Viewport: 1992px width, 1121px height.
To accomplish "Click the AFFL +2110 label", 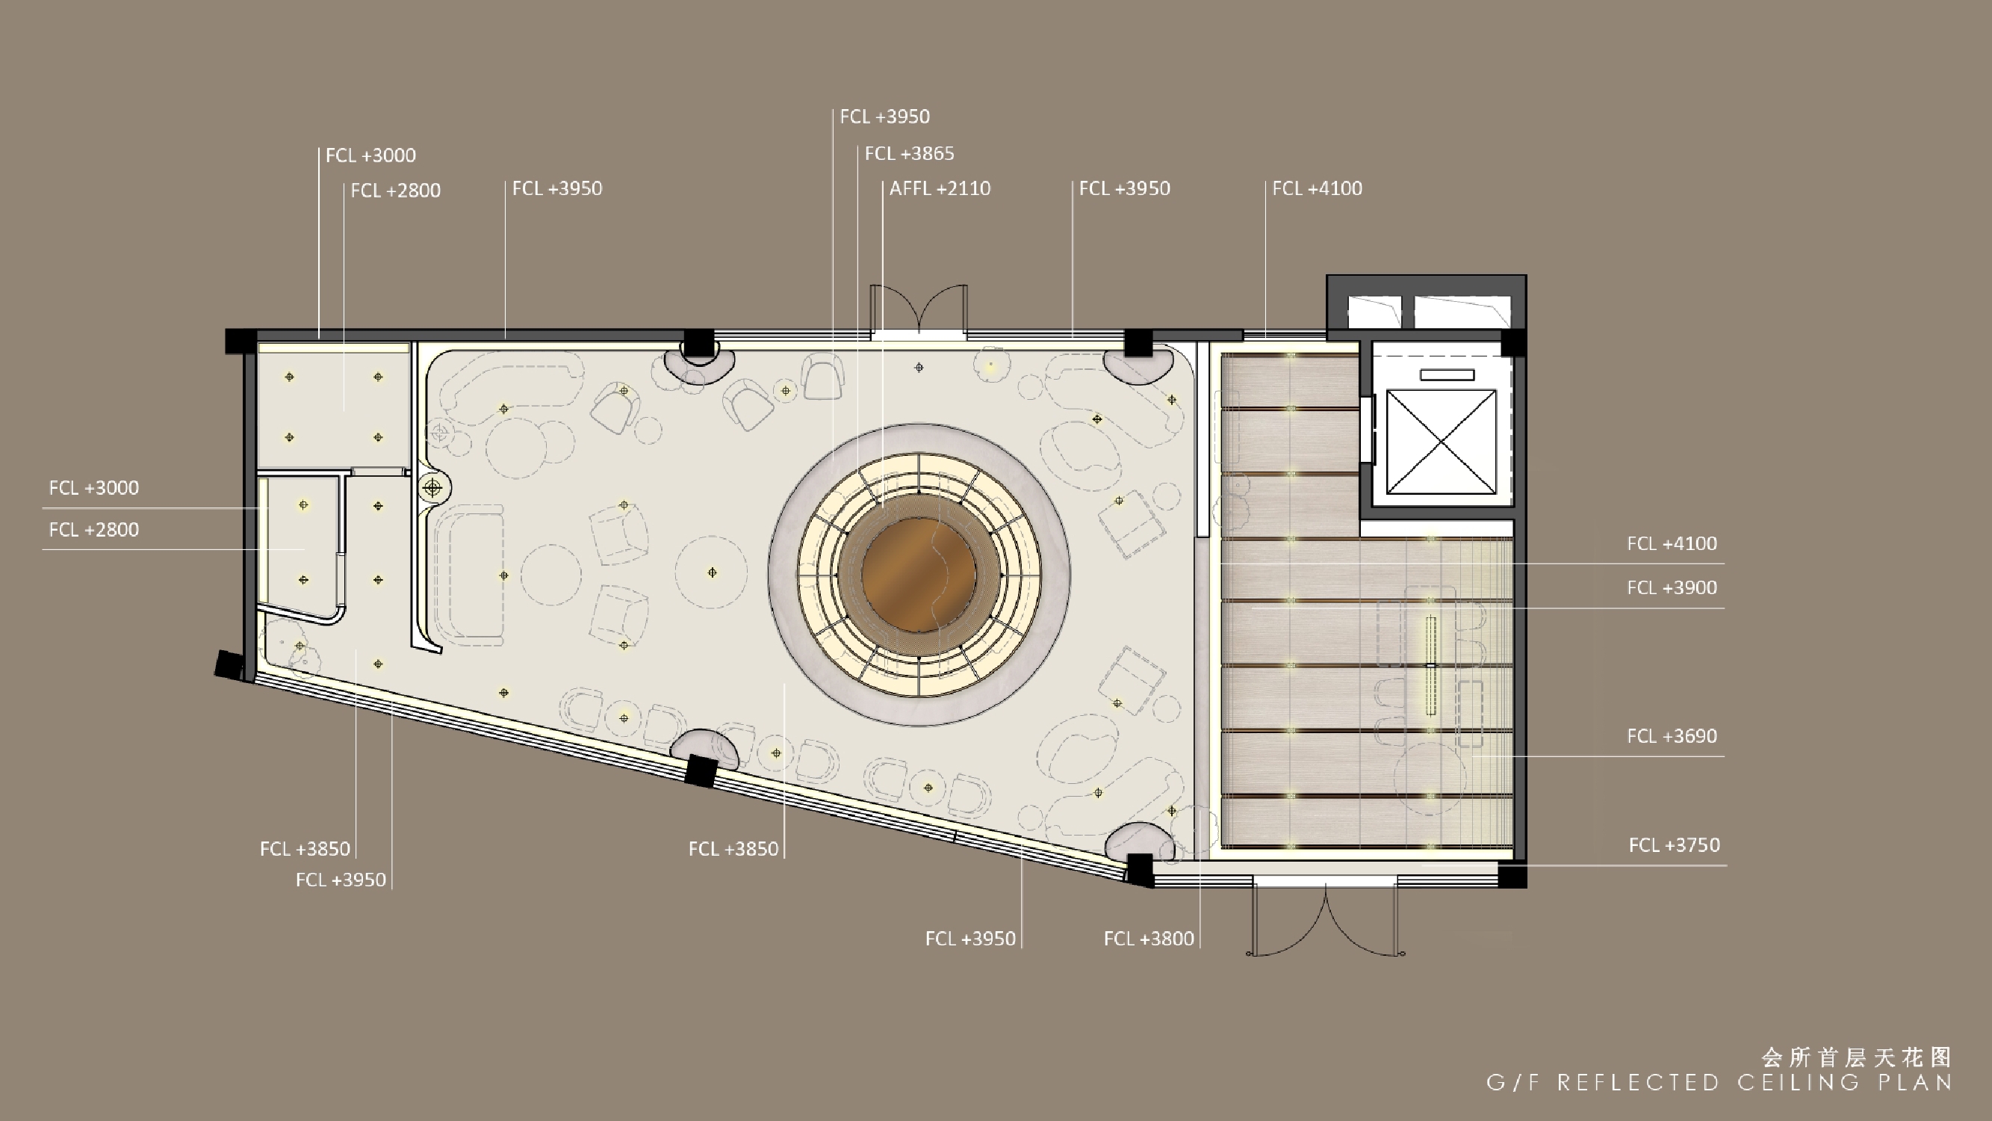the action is (940, 189).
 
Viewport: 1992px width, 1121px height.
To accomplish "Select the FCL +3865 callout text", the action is (910, 154).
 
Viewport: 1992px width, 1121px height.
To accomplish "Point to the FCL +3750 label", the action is (1674, 845).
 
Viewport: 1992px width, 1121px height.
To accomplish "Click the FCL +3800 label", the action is (1149, 939).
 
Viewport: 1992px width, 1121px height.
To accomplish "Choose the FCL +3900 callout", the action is (1672, 588).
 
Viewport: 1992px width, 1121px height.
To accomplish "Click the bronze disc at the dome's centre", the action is (919, 575).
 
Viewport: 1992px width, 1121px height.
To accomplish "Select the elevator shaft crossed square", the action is (1441, 442).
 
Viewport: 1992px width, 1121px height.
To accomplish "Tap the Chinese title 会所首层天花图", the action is (1857, 1057).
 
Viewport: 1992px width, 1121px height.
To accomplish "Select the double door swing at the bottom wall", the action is (1326, 920).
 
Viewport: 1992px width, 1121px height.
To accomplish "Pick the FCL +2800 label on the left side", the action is (93, 531).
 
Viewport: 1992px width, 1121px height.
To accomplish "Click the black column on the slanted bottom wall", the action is (701, 771).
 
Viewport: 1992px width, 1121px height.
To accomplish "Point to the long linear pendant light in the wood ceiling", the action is (1430, 665).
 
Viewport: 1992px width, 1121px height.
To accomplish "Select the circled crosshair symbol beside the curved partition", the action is (432, 488).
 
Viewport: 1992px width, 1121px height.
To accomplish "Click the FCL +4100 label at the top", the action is (1317, 189).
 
